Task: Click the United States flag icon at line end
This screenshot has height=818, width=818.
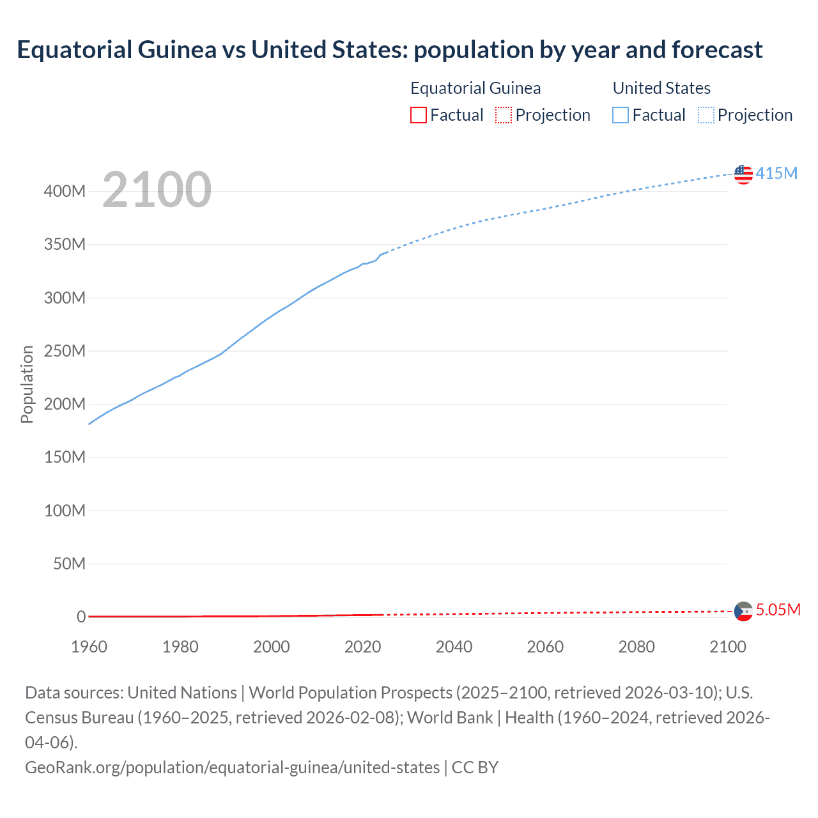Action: (743, 174)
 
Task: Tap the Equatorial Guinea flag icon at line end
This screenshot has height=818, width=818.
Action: (743, 612)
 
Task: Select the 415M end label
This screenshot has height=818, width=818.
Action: (776, 173)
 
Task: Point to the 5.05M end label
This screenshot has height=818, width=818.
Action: (778, 610)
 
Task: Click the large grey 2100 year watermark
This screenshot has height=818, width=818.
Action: (157, 190)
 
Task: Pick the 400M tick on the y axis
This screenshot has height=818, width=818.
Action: (65, 191)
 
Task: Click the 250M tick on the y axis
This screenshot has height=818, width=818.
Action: (65, 351)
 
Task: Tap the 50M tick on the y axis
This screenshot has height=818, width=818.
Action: (69, 564)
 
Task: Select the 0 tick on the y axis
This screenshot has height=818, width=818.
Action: (81, 617)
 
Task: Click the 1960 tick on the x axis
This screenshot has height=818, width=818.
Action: (89, 647)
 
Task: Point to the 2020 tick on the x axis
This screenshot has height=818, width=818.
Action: (362, 647)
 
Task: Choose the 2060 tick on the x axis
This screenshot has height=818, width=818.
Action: (545, 647)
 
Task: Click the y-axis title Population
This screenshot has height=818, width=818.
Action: (27, 384)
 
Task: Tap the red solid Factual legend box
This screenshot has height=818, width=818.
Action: (419, 115)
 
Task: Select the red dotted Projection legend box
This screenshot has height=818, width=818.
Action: (504, 115)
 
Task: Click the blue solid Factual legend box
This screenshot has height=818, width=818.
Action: (621, 115)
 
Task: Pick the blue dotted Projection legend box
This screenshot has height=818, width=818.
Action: (706, 115)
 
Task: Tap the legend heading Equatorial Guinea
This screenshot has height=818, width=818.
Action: (475, 88)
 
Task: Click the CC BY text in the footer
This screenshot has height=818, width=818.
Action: (475, 767)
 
